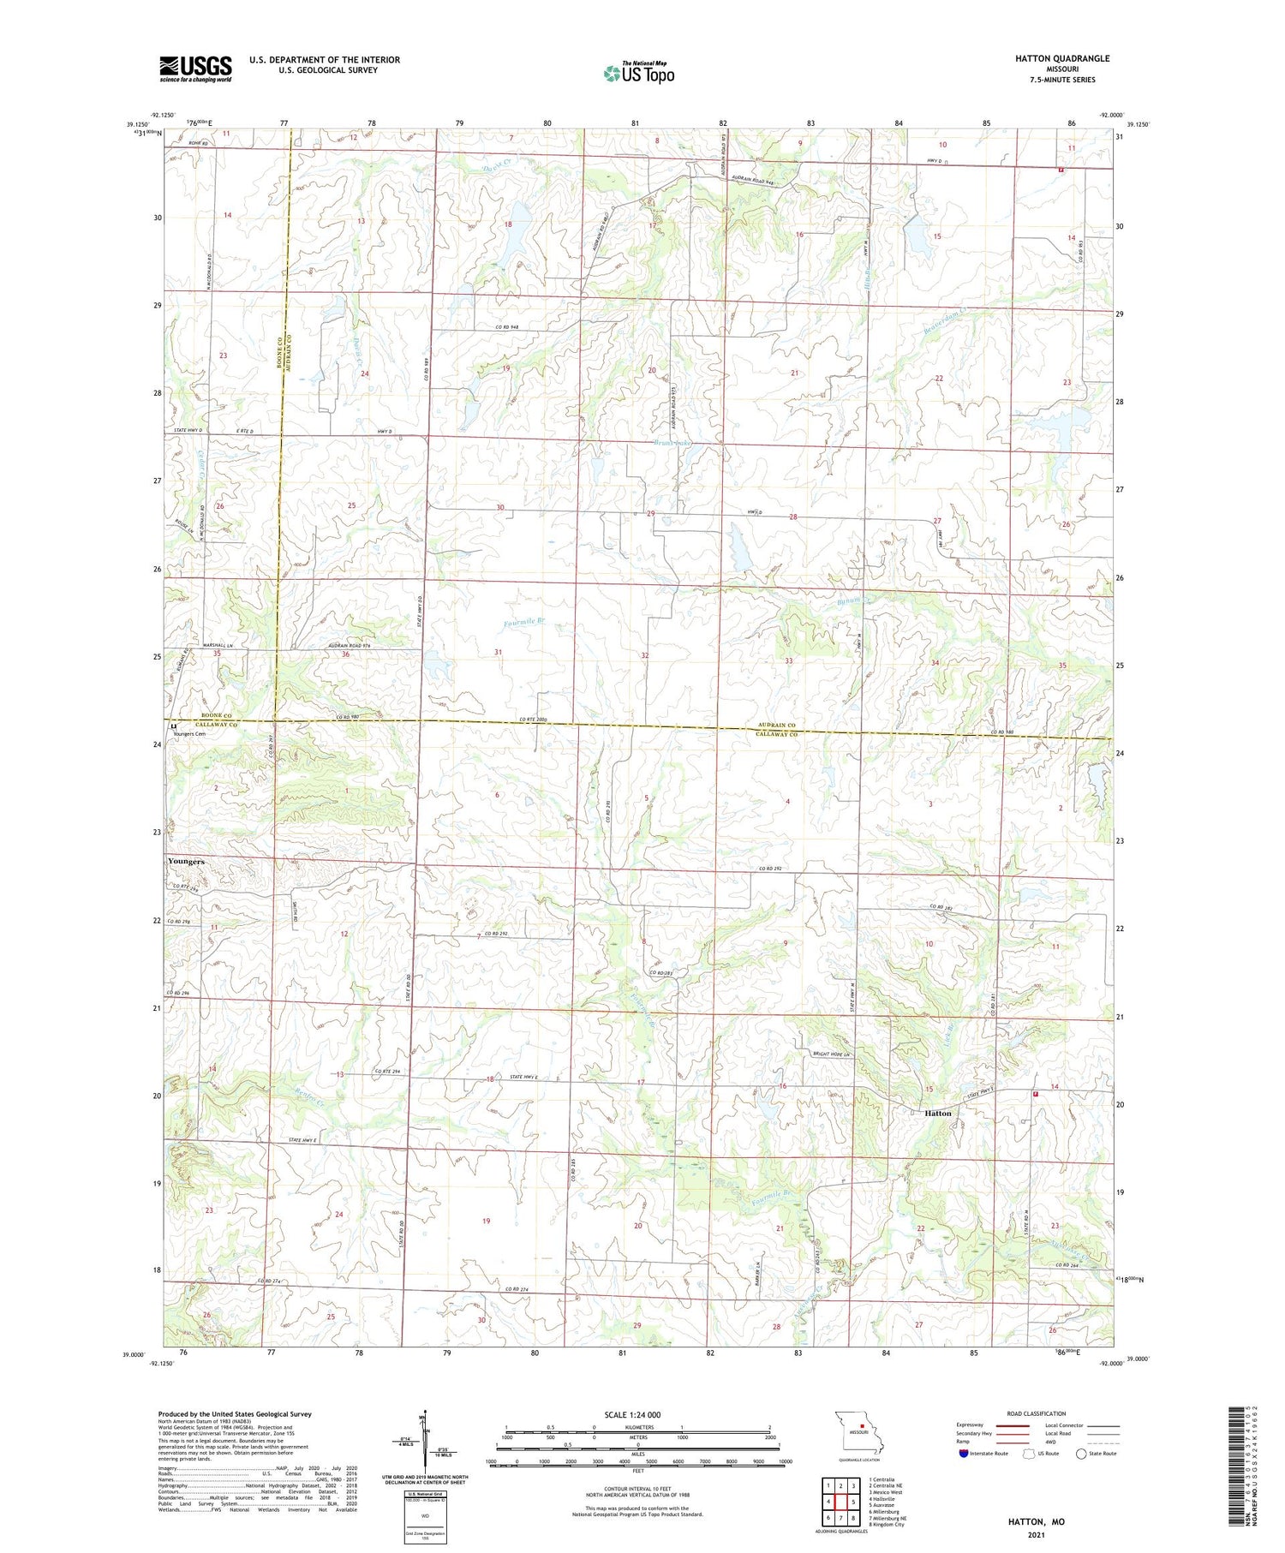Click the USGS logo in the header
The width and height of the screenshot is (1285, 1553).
[x=195, y=69]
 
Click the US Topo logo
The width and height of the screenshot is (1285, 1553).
[x=638, y=73]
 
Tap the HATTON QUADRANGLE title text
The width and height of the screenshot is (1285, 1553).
[x=1062, y=58]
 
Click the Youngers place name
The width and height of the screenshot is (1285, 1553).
[x=186, y=861]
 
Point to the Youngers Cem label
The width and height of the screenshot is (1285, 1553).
[x=189, y=734]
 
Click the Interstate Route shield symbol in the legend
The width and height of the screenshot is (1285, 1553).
[x=964, y=1454]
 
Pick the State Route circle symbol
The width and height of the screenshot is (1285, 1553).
[x=1082, y=1454]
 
